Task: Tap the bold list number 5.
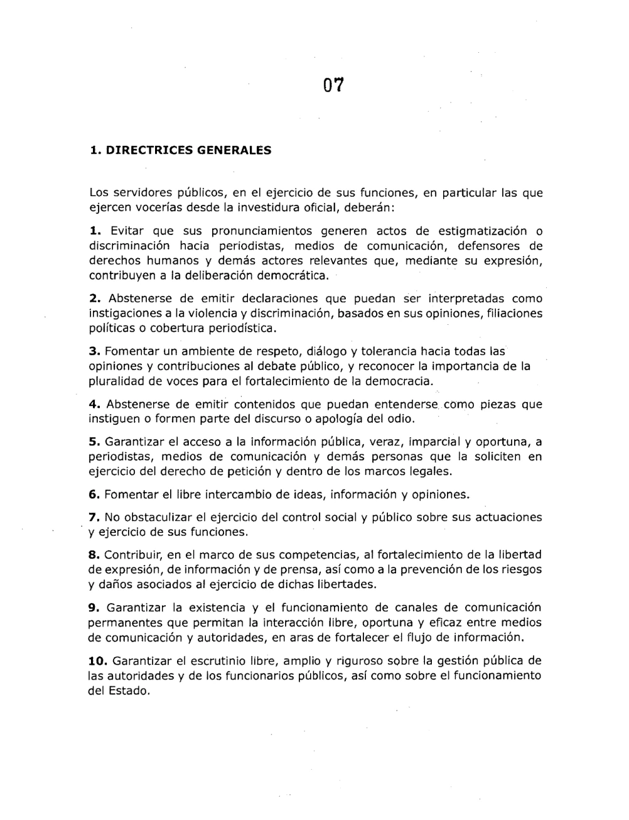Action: tap(95, 442)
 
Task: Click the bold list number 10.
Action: tap(99, 661)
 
